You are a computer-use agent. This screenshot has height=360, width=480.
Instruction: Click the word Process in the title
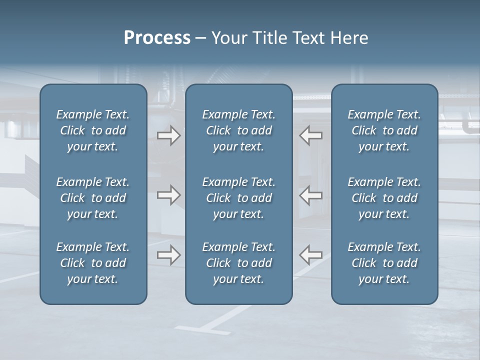click(x=157, y=38)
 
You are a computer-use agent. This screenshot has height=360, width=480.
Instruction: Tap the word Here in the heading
click(x=349, y=38)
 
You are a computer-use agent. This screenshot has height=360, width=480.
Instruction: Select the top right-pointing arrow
click(x=169, y=135)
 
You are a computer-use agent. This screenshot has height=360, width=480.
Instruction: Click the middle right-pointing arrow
click(x=169, y=195)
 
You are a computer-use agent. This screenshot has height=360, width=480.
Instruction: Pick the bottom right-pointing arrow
click(x=169, y=255)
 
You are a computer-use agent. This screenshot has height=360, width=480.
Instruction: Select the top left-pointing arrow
click(x=311, y=135)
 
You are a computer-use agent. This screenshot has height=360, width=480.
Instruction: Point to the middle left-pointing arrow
click(x=311, y=195)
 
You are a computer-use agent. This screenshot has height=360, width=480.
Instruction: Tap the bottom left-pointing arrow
click(x=311, y=255)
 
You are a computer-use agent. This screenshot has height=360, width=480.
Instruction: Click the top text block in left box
click(x=93, y=130)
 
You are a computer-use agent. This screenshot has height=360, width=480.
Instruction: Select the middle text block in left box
click(x=93, y=198)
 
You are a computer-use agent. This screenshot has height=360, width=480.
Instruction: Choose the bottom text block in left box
click(x=93, y=263)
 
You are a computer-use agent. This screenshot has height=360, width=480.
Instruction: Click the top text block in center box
click(x=239, y=130)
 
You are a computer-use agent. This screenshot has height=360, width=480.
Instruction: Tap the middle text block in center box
click(x=239, y=198)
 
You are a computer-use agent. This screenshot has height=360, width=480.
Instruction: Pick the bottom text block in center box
click(x=239, y=263)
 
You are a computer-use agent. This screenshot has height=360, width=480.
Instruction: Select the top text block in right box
click(x=384, y=130)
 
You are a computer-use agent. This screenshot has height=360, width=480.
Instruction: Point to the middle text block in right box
click(x=384, y=198)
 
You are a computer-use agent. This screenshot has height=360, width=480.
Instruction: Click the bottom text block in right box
click(x=384, y=263)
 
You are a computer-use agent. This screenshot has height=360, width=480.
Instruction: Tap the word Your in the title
click(x=227, y=38)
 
